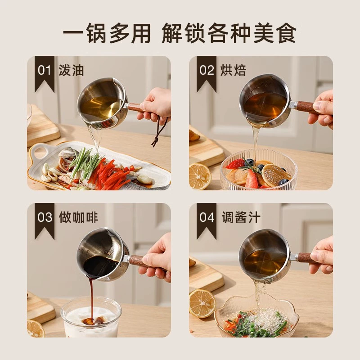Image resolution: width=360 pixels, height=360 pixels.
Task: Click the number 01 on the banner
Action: [x=45, y=70]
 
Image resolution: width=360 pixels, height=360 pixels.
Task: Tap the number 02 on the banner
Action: [x=207, y=70]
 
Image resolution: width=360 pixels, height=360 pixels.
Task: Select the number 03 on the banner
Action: [x=45, y=217]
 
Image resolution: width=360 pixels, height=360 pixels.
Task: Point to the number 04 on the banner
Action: [x=207, y=217]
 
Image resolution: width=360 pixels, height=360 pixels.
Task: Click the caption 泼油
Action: [x=71, y=70]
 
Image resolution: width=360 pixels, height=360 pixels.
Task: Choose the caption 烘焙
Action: [x=233, y=70]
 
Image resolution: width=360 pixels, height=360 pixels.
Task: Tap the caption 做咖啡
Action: [x=78, y=217]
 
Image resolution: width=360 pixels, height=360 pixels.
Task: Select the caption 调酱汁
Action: [x=241, y=217]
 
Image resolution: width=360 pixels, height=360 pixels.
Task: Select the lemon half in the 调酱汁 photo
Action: [x=202, y=303]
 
